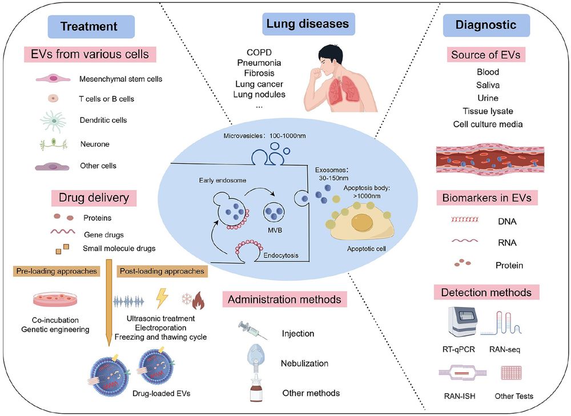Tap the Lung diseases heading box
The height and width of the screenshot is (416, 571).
pos(309,25)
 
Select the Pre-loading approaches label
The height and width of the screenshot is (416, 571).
pos(55,271)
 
